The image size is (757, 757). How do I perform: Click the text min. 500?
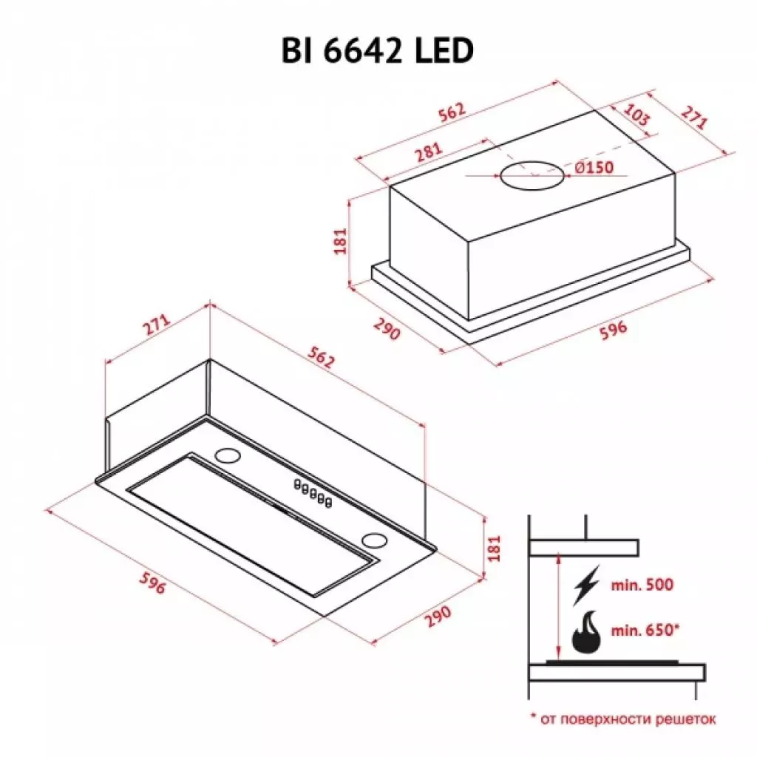coord(642,585)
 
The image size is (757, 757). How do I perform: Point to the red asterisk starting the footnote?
coord(532,716)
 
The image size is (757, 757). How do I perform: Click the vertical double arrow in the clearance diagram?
coord(557,606)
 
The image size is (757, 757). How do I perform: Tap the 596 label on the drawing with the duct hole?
coord(611,329)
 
